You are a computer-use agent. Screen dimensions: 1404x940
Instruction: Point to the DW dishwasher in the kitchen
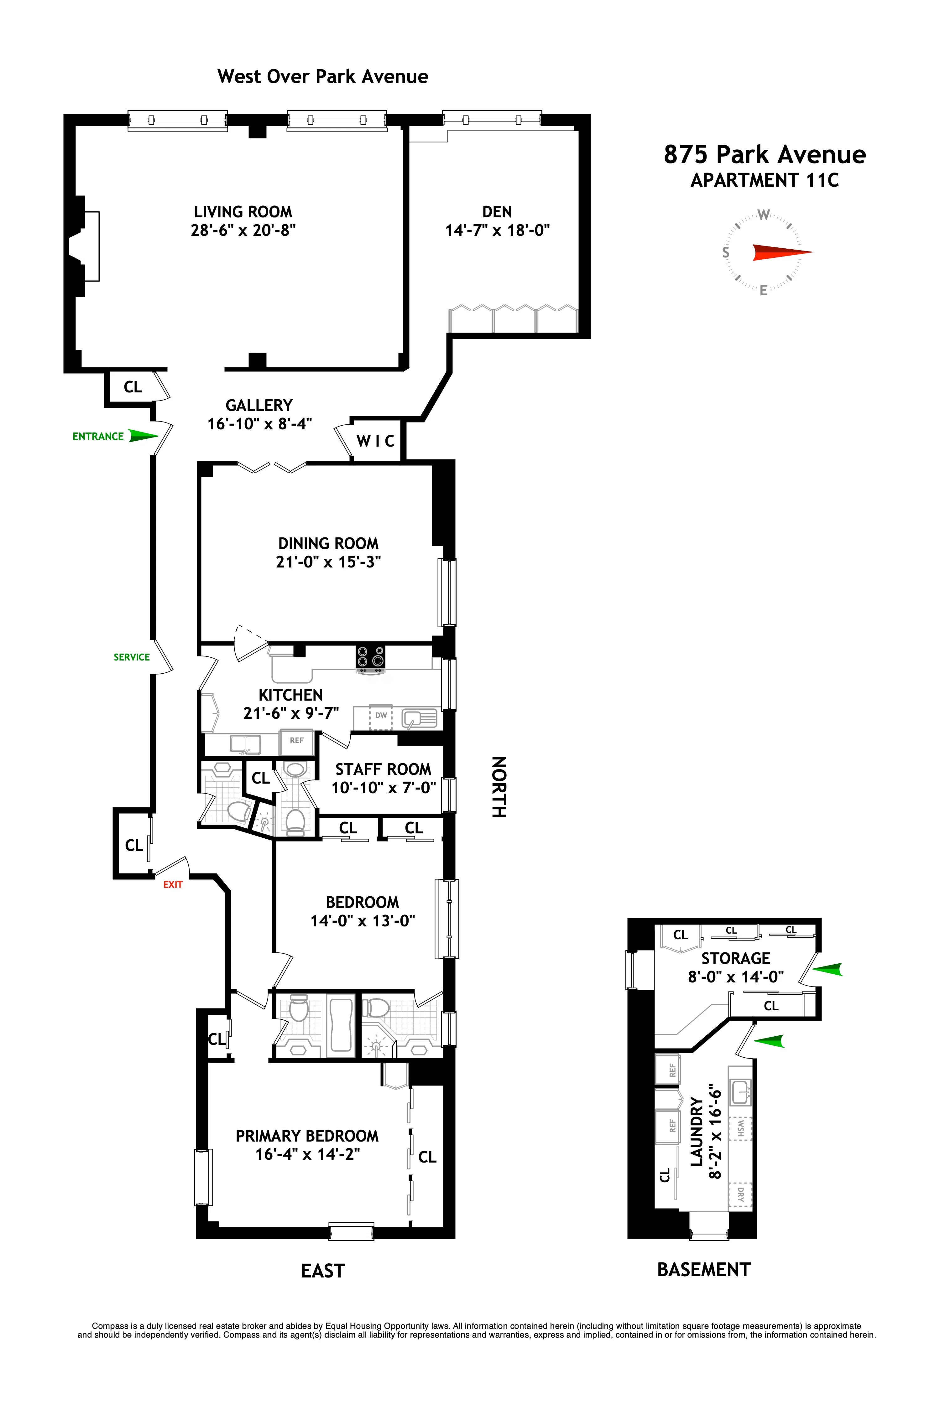coord(381,716)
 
